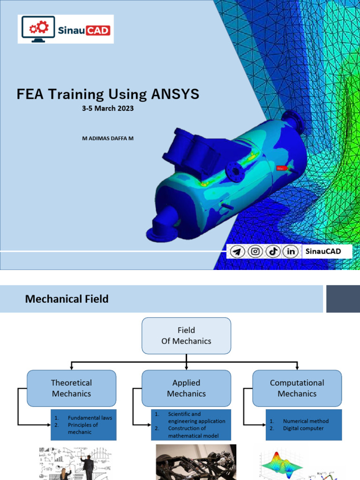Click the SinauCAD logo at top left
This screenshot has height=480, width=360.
[x=66, y=29]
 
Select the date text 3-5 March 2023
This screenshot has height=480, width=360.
[x=108, y=108]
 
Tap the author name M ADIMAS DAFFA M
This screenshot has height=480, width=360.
[x=108, y=139]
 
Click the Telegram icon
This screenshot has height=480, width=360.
[x=238, y=252]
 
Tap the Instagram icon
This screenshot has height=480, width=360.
[x=255, y=252]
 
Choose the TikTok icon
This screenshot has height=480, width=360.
[x=273, y=252]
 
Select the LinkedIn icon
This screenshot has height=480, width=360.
[x=291, y=252]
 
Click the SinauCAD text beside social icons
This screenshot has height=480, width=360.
[x=322, y=252]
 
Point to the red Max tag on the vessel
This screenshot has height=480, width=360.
[x=281, y=168]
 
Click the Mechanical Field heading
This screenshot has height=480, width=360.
[x=67, y=299]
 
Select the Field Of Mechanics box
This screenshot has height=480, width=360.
[x=186, y=336]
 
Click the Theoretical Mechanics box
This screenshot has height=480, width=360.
[x=71, y=388]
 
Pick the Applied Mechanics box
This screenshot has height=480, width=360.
[x=186, y=388]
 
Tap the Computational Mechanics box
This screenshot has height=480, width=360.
[x=297, y=388]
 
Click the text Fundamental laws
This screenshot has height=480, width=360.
[x=90, y=418]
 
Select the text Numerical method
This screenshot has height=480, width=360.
[x=306, y=421]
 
